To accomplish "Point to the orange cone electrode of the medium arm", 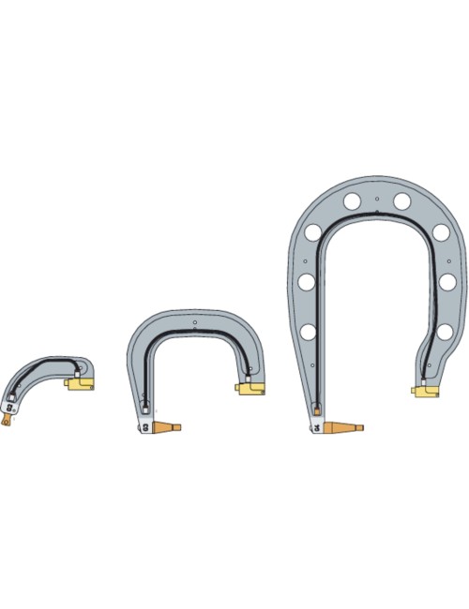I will coord(166,428).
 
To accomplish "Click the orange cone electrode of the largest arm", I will coord(343,428).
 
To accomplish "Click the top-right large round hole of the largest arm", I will coord(401,201).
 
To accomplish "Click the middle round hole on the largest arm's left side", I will coord(306,281).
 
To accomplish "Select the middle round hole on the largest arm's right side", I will coord(446,282).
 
